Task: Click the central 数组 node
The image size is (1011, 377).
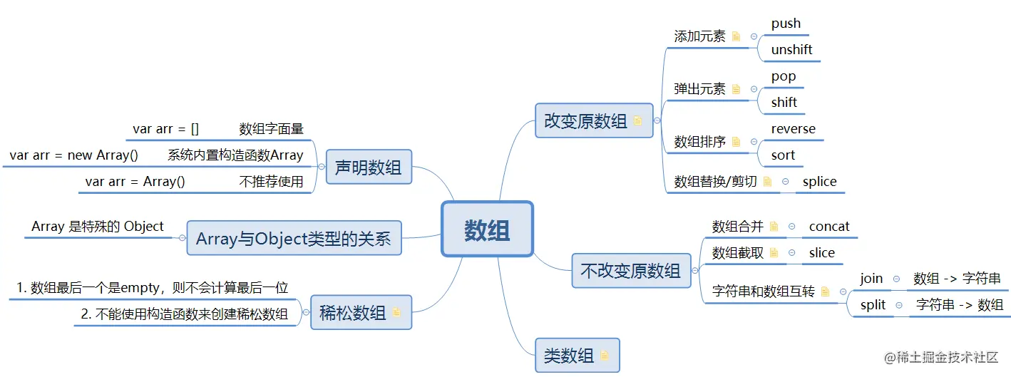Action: tap(487, 229)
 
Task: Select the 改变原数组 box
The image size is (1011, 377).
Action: tap(593, 120)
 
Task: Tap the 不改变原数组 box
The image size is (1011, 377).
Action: tap(631, 271)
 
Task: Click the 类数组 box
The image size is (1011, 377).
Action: tap(577, 355)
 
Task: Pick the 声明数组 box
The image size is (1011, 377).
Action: tap(368, 167)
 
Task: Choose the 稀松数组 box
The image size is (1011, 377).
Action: tap(361, 312)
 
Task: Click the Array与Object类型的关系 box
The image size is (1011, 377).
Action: tap(294, 238)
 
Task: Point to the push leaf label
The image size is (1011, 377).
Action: tap(786, 24)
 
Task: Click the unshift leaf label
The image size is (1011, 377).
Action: tap(791, 50)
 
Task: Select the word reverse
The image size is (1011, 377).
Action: tap(793, 129)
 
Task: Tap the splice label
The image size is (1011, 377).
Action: tap(819, 181)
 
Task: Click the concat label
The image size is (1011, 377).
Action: tap(829, 226)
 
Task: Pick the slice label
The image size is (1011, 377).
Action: tap(822, 252)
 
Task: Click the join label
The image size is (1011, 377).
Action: tap(871, 279)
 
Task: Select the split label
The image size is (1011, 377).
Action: tap(873, 305)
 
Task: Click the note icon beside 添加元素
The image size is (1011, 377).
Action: tap(736, 36)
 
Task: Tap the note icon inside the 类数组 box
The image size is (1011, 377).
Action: tap(605, 356)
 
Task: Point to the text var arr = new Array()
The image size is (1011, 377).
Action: tap(73, 155)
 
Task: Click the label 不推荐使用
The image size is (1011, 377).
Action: tap(271, 181)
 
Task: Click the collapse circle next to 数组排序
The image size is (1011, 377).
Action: tap(754, 142)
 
